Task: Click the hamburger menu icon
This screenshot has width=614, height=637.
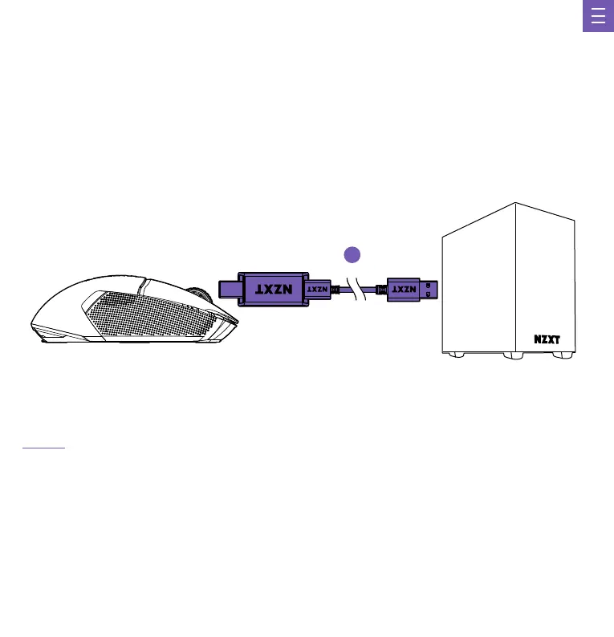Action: [598, 17]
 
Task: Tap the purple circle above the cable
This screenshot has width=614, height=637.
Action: [351, 254]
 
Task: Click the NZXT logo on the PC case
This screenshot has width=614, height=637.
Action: [552, 338]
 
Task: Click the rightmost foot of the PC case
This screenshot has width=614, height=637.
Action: [566, 355]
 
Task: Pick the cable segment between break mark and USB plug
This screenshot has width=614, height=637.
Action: [375, 289]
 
